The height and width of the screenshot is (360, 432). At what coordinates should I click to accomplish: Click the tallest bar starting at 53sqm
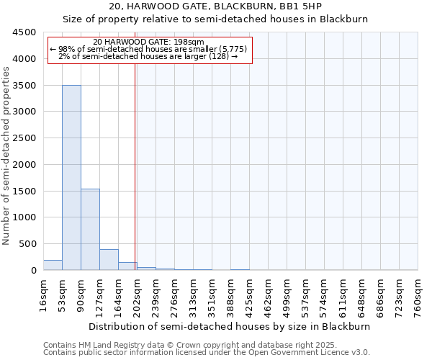point(71,178)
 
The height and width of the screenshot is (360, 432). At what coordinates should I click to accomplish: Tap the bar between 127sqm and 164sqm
point(109,260)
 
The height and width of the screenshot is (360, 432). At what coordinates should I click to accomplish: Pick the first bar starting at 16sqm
point(53,265)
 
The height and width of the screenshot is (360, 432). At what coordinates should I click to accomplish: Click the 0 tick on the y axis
point(33,271)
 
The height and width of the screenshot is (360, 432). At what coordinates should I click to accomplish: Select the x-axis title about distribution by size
point(230,326)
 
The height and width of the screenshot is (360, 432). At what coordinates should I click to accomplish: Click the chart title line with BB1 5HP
point(215,6)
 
